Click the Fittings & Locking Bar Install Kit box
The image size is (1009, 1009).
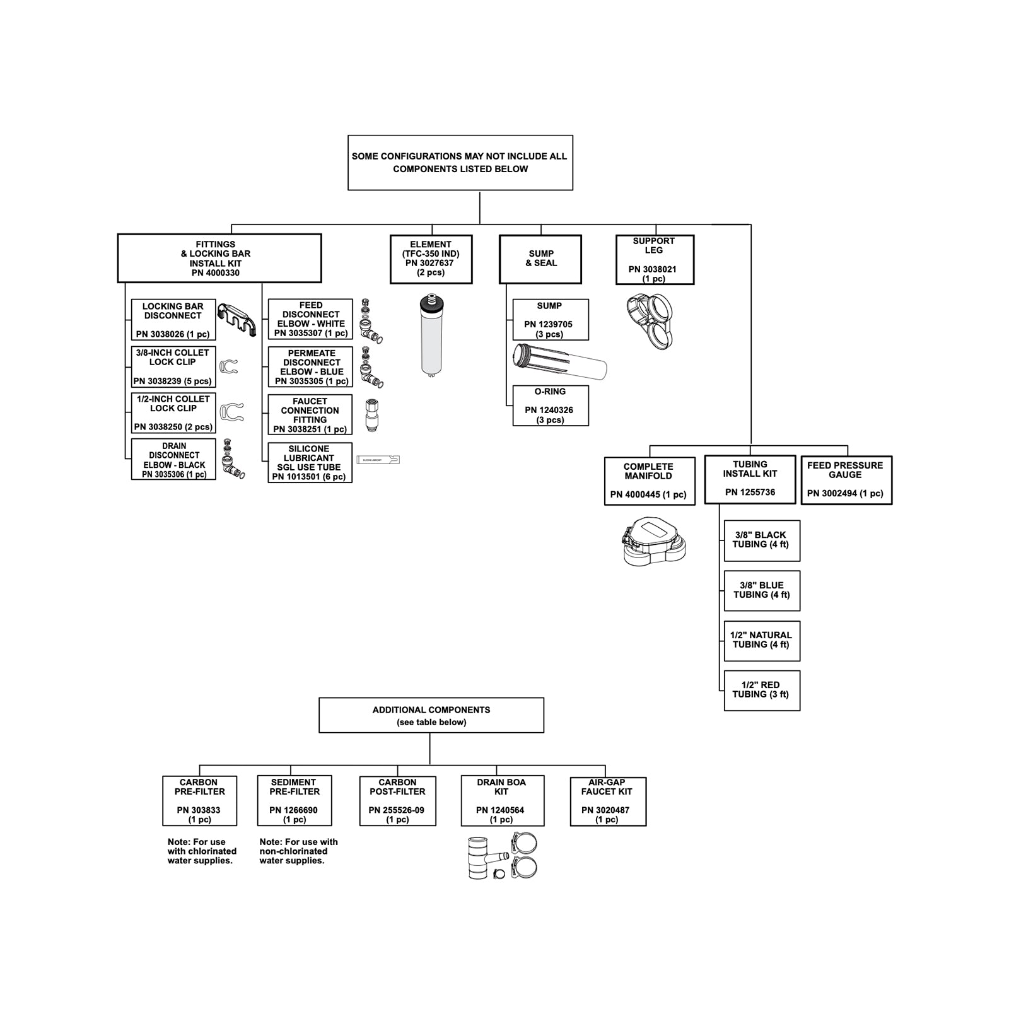[x=219, y=259]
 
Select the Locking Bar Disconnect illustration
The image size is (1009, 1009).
[x=236, y=319]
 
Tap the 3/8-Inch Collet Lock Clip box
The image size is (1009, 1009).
[x=173, y=366]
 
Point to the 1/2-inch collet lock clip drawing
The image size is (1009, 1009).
[x=231, y=412]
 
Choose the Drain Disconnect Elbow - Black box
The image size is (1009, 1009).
[x=173, y=459]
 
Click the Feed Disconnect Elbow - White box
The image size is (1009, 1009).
[x=310, y=319]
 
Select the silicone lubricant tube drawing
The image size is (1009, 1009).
[x=378, y=460]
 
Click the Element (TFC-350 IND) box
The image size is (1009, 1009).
[x=431, y=259]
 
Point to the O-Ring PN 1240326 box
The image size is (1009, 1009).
[x=550, y=405]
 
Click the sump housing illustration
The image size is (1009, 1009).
[x=559, y=361]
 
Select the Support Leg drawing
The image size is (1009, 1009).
[x=650, y=321]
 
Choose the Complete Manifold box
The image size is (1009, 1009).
[x=649, y=481]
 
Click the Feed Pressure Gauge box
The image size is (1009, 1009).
[x=846, y=480]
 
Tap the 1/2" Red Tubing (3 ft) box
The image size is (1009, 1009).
[x=761, y=690]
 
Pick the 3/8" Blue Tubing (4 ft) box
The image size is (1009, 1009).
[x=761, y=590]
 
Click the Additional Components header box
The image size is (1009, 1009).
[x=431, y=715]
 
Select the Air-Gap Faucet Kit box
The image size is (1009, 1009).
[x=607, y=800]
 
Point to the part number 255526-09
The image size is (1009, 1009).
[x=397, y=810]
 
